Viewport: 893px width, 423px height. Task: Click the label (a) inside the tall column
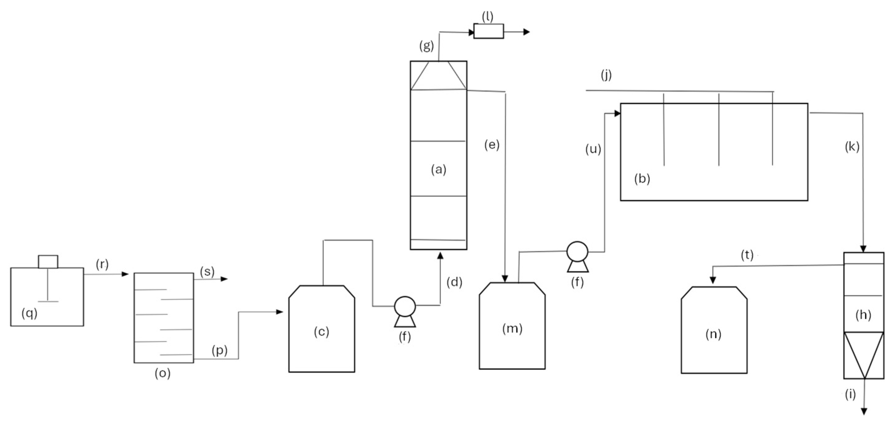tap(439, 170)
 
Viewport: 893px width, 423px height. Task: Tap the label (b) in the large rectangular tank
tap(642, 179)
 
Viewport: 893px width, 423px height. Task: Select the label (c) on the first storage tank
tap(321, 332)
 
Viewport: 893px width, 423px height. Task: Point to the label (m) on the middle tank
tap(512, 328)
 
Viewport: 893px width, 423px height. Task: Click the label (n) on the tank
tap(713, 334)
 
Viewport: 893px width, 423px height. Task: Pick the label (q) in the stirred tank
tap(29, 313)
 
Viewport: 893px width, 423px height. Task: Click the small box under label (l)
tap(488, 31)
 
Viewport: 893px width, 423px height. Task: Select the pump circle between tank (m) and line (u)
tap(577, 252)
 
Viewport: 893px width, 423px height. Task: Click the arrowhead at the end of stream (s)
tap(225, 279)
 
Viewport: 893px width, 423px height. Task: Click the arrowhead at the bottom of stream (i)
tap(864, 412)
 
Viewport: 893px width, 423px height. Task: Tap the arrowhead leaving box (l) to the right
tap(527, 32)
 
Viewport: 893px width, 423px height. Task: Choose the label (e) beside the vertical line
tap(492, 145)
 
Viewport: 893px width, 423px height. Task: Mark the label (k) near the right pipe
tap(852, 147)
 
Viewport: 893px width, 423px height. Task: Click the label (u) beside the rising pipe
tap(593, 149)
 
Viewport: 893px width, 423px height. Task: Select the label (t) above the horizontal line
tap(747, 255)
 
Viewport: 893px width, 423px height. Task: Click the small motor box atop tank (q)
tap(48, 261)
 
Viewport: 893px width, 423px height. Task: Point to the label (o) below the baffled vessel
tap(163, 373)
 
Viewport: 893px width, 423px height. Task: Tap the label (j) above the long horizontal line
tap(606, 75)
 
